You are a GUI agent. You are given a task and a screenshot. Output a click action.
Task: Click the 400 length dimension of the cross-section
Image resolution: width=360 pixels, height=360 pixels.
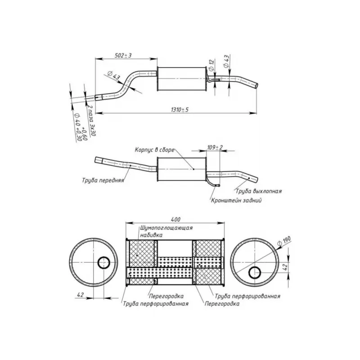click(x=175, y=219)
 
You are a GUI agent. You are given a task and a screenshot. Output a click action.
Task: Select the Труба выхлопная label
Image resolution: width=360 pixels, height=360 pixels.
click(x=258, y=191)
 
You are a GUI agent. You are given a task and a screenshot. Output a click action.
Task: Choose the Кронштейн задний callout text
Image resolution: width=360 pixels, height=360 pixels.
click(x=236, y=200)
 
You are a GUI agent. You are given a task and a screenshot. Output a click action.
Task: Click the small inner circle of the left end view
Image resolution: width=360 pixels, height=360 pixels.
click(x=104, y=262)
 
